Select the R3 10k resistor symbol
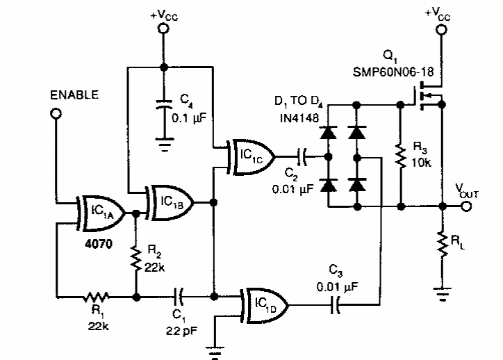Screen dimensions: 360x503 point(400,156)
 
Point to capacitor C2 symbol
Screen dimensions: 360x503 point(302,155)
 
